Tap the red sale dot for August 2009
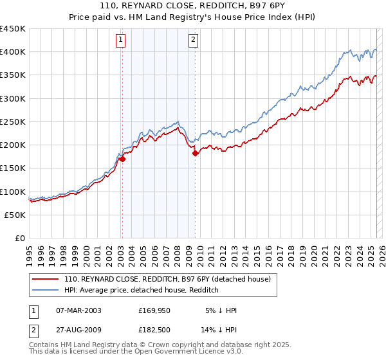point(195,154)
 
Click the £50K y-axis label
point(15,215)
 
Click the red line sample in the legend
point(46,279)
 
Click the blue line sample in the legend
point(46,290)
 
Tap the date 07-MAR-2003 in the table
point(79,310)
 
